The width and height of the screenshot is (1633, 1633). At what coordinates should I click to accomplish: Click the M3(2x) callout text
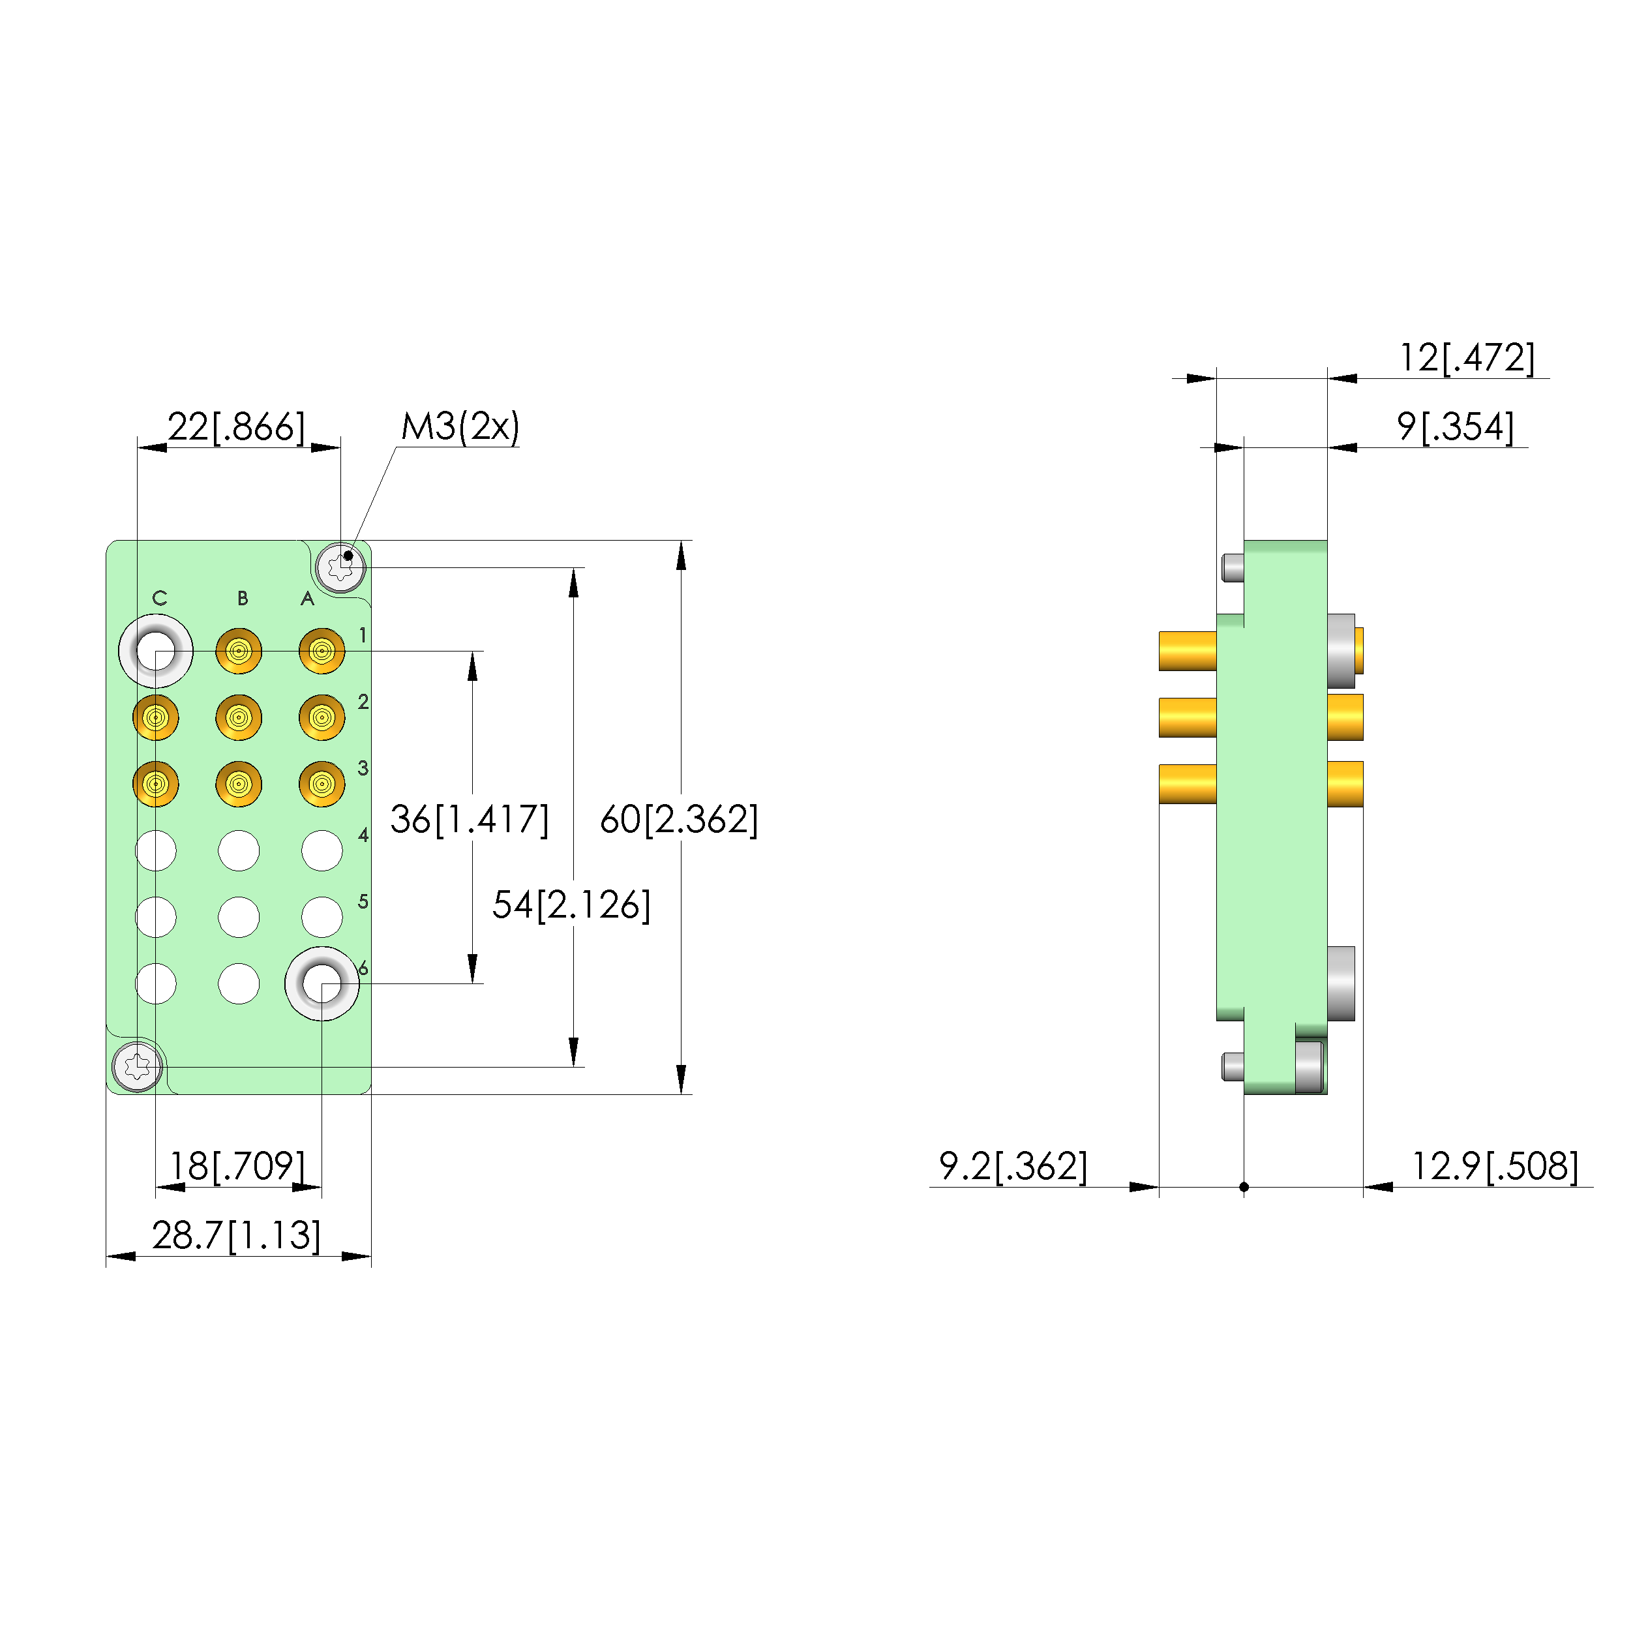pos(460,427)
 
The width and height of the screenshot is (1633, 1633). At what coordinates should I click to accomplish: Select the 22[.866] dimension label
pos(237,427)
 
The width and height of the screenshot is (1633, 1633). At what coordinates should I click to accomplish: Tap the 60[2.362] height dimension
pos(679,820)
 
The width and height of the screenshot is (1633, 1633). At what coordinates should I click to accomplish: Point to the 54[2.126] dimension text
pos(571,905)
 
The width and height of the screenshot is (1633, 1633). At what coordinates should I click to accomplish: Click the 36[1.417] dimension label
pos(469,820)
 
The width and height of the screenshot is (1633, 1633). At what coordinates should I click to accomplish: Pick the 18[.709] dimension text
pos(237,1167)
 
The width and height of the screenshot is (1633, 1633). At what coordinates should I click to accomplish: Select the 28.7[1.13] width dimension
pos(237,1236)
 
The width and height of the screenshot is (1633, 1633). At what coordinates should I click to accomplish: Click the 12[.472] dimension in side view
pos(1467,357)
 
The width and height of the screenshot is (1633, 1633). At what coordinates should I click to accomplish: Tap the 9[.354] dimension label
pos(1456,427)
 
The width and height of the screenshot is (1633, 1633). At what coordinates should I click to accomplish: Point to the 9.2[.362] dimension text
pos(1013,1167)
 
